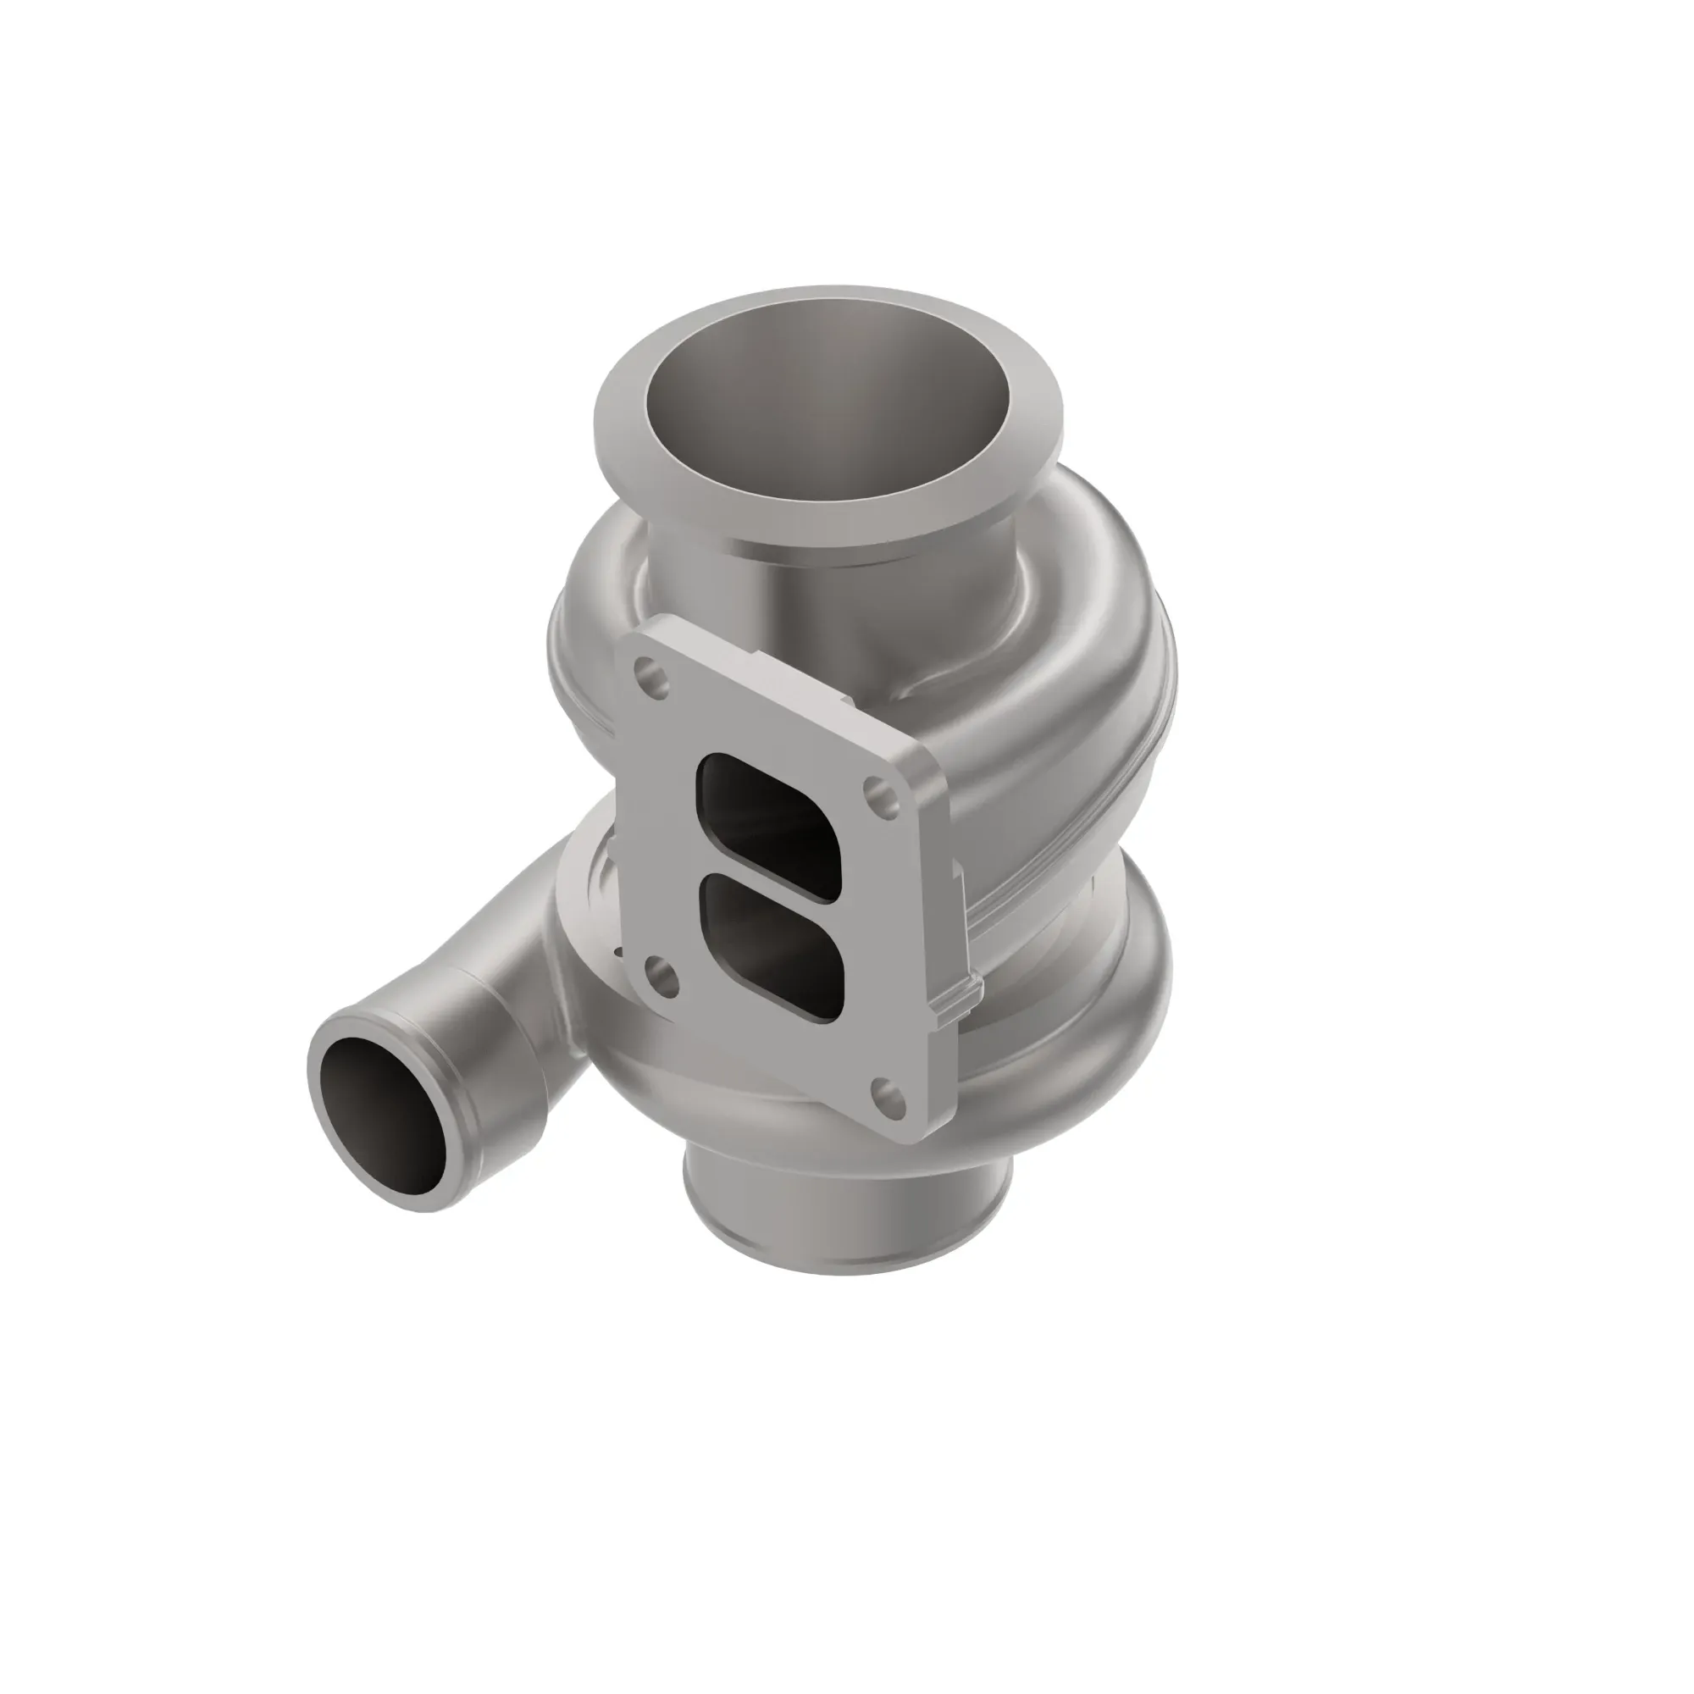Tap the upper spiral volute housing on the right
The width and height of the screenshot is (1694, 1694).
1088,649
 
